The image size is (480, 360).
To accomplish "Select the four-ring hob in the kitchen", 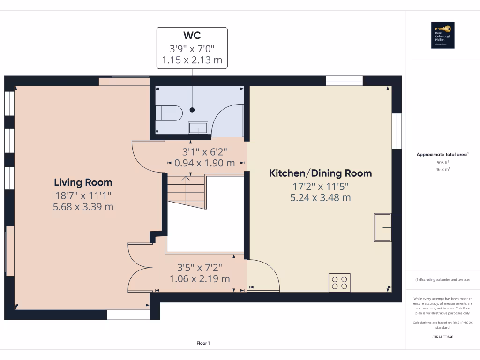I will [339, 282].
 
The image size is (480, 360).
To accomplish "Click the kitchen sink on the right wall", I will [382, 227].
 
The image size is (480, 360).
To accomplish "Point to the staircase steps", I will [186, 189].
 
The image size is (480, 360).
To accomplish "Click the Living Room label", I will [83, 182].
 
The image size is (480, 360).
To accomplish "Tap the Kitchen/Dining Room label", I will [320, 173].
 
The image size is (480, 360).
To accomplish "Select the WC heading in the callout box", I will [192, 36].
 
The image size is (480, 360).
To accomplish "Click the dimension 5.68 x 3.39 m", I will [83, 206].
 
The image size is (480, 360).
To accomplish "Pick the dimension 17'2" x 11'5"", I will [320, 186].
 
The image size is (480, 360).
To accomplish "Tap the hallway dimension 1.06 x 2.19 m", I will [200, 279].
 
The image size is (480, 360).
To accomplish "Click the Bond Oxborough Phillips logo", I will [442, 35].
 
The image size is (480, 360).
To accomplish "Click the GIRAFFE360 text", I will [442, 337].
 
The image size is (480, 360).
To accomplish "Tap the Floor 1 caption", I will [203, 343].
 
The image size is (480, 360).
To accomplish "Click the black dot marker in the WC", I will [192, 110].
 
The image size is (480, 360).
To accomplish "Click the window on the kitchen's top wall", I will [344, 81].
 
